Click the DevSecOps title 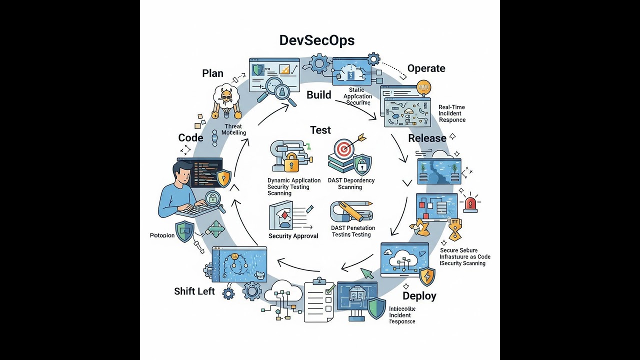point(317,40)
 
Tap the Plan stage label point(212,73)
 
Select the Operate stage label point(426,68)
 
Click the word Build point(318,94)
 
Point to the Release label point(427,138)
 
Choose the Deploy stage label point(419,295)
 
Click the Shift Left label point(194,291)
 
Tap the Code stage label point(190,138)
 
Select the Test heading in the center point(320,130)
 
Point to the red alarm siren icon point(470,204)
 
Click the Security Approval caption point(293,236)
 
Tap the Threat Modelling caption point(234,129)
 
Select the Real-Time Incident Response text point(452,113)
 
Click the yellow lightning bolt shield point(427,276)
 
